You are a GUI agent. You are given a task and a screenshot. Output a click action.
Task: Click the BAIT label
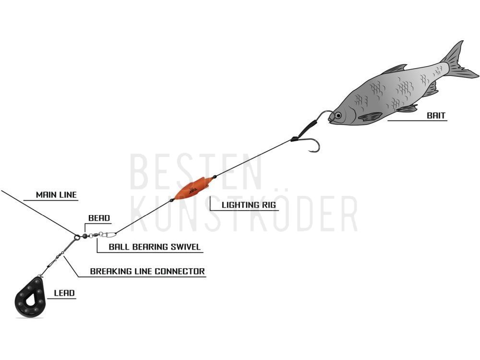coord(436,115)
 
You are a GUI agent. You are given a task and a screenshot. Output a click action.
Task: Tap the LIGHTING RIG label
coord(249,205)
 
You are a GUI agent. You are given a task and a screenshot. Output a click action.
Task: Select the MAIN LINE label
coord(56,195)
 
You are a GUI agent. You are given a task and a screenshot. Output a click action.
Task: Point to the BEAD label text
coord(99,218)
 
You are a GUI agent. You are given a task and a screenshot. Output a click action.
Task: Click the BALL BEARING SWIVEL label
coord(155,247)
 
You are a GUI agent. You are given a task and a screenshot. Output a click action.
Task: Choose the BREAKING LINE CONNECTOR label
coord(147,271)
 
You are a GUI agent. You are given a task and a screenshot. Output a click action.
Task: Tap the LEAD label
coord(64,293)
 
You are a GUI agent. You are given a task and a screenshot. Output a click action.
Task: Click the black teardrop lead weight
coord(30,297)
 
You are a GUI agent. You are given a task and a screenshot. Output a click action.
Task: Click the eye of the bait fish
coord(338,115)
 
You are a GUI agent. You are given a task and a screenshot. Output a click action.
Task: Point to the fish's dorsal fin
coord(395,69)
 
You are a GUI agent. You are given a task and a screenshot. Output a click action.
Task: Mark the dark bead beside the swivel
coord(85,236)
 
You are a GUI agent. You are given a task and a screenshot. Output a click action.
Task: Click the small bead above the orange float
coord(215,176)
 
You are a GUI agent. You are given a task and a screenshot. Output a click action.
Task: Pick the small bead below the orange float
coord(172,200)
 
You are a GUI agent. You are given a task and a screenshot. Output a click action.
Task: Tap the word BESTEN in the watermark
coord(196,171)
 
